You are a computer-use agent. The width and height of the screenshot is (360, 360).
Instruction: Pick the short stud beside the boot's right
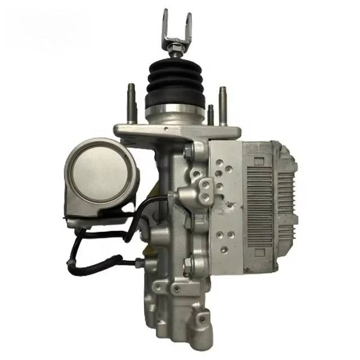pyautogui.click(x=210, y=115)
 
